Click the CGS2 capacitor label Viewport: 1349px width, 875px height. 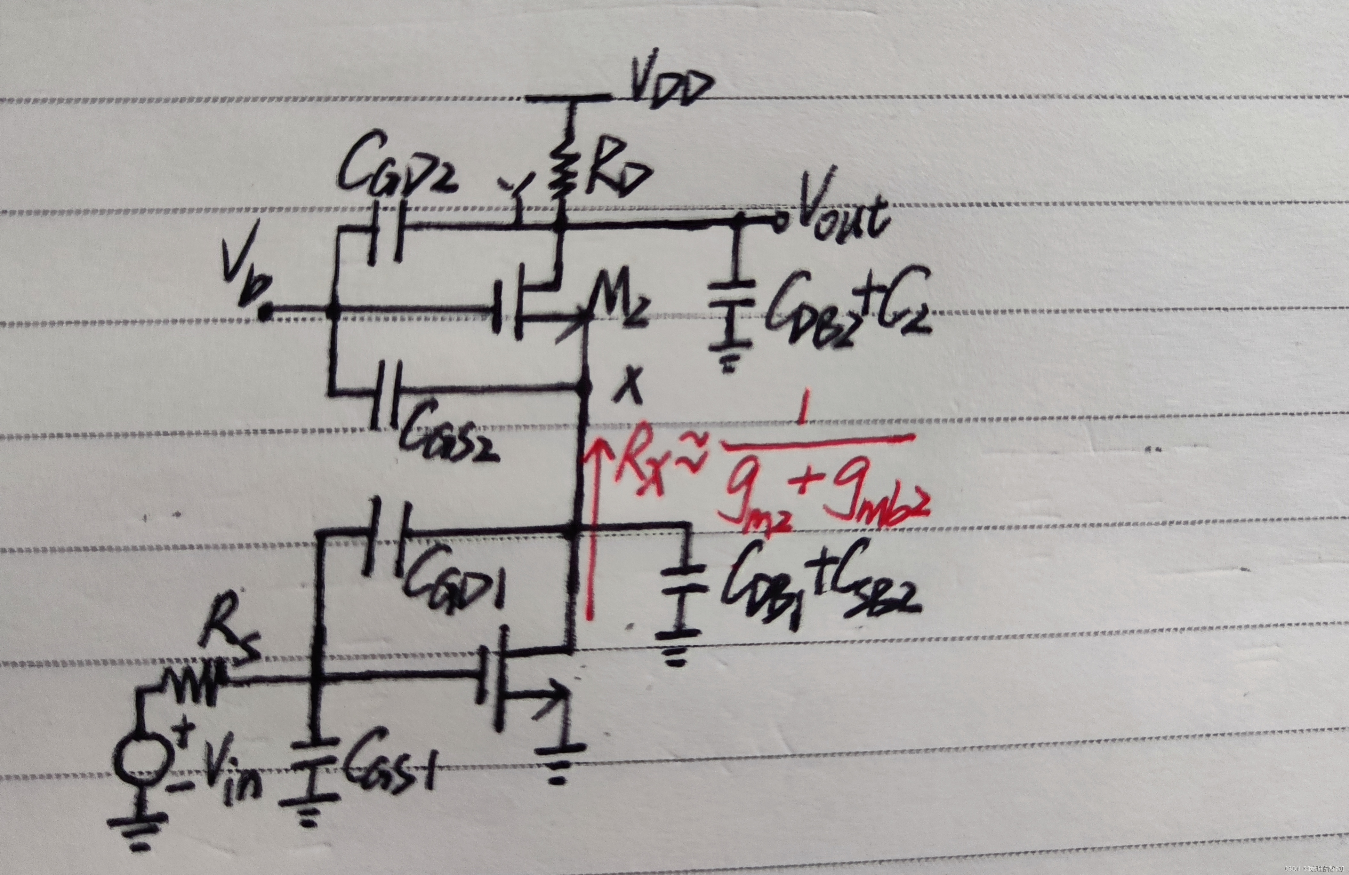(448, 436)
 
